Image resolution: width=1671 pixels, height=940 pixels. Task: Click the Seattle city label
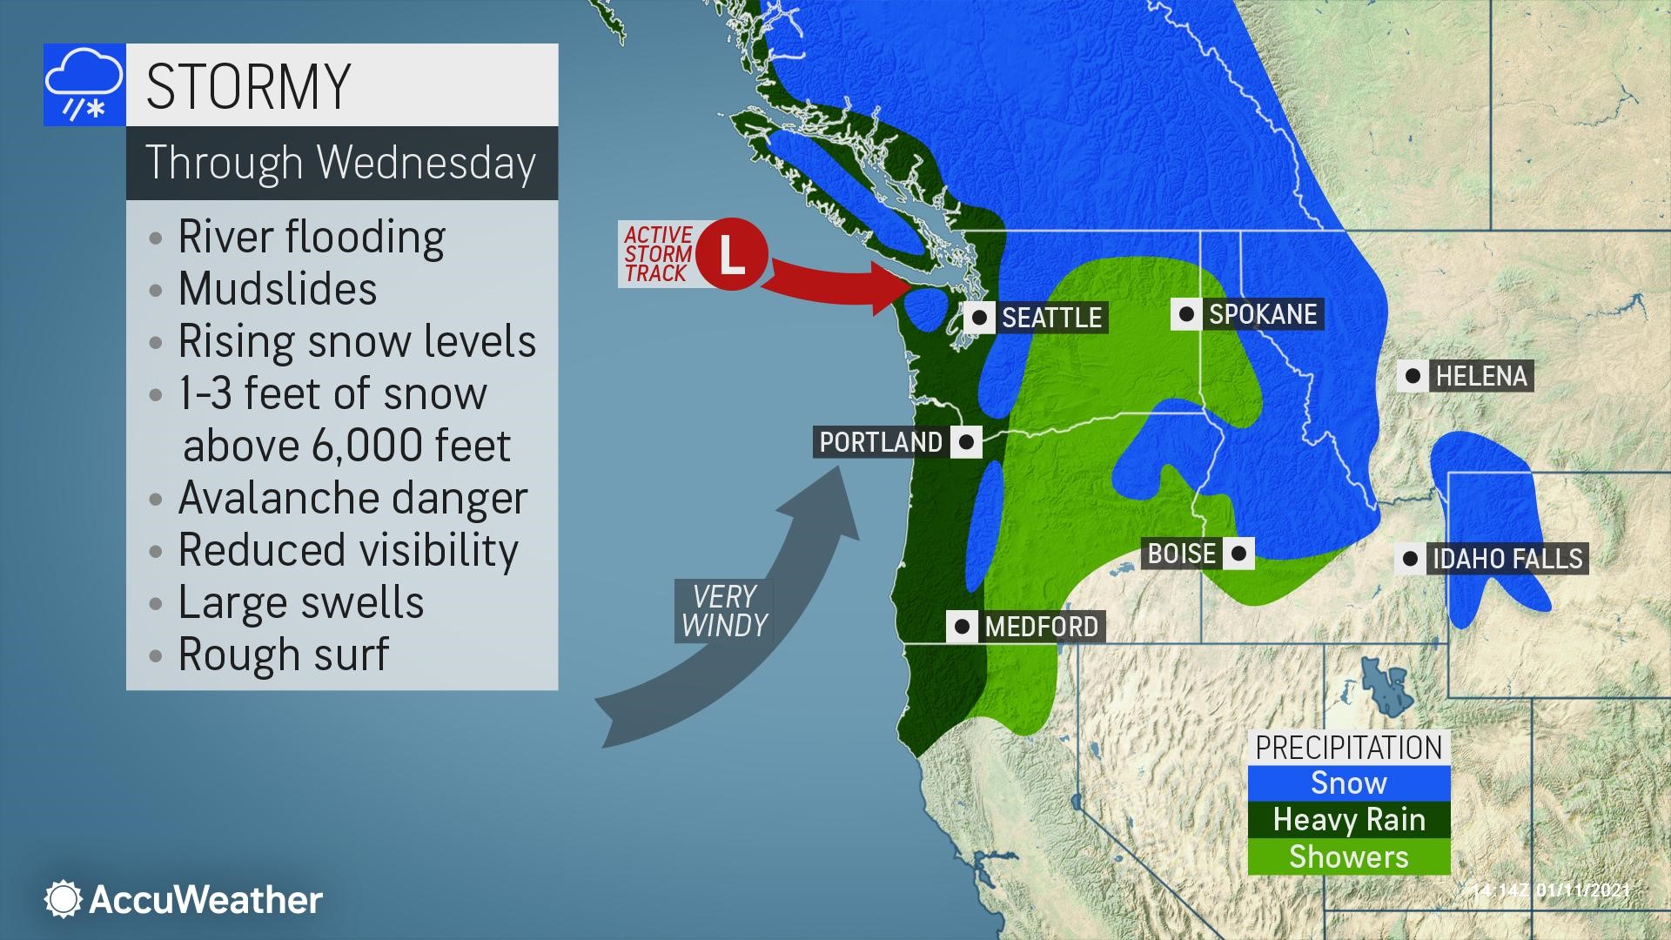click(1051, 318)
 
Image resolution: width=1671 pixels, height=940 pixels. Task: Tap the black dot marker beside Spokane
click(1185, 314)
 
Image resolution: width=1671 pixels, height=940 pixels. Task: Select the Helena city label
click(1481, 376)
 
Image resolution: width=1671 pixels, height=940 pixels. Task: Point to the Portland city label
click(881, 442)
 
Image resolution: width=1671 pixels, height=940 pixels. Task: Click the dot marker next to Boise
click(1238, 553)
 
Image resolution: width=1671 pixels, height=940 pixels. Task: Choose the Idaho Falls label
click(1507, 558)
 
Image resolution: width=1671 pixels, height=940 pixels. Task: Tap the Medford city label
click(1041, 627)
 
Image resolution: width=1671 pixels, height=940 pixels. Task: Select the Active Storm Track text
click(658, 254)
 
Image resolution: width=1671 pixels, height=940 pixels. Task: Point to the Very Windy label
click(724, 611)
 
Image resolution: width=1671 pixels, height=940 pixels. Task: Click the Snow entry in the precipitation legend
click(1348, 783)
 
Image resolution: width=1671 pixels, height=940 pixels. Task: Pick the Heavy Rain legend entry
click(1348, 820)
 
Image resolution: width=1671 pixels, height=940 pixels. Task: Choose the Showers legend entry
click(1348, 856)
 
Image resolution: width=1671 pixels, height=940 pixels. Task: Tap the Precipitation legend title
click(1348, 747)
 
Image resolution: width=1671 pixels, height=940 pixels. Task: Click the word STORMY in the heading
click(248, 85)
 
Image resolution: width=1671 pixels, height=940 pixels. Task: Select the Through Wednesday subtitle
click(340, 163)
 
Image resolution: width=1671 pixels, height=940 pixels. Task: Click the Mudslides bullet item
click(277, 289)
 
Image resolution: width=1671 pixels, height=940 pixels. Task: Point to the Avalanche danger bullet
click(352, 498)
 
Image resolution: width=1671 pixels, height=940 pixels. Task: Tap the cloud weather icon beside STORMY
click(84, 85)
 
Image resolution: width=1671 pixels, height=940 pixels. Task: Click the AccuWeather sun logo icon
click(63, 899)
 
